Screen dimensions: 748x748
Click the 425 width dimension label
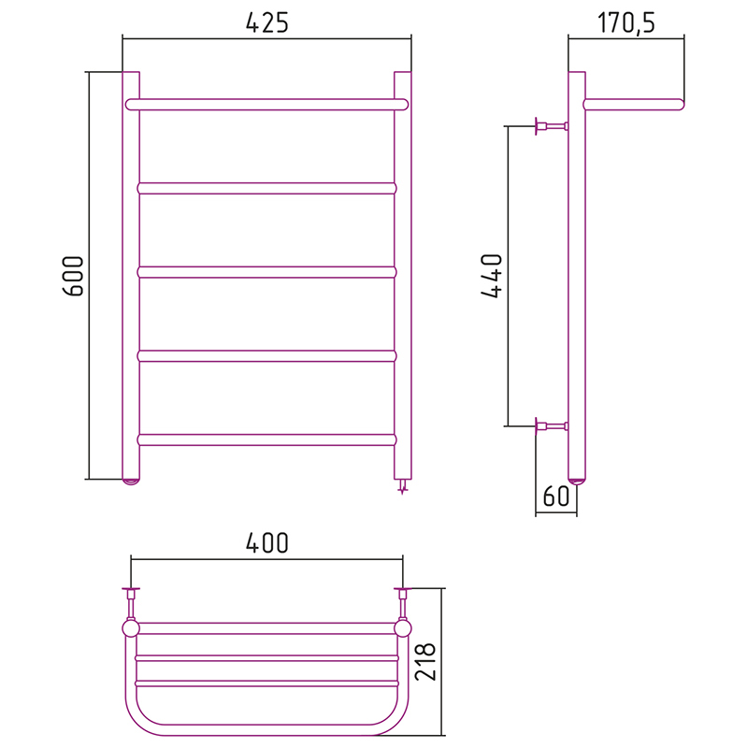point(267,22)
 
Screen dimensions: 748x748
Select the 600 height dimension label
point(74,276)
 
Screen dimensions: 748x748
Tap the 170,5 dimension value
point(626,22)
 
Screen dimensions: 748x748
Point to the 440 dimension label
point(492,276)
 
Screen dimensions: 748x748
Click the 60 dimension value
point(556,496)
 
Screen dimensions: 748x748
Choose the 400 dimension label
point(267,543)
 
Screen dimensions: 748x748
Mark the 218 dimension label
point(425,661)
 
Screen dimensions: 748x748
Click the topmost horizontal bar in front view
point(267,105)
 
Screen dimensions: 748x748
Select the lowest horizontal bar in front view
point(267,439)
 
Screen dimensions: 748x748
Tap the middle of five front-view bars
point(267,272)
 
